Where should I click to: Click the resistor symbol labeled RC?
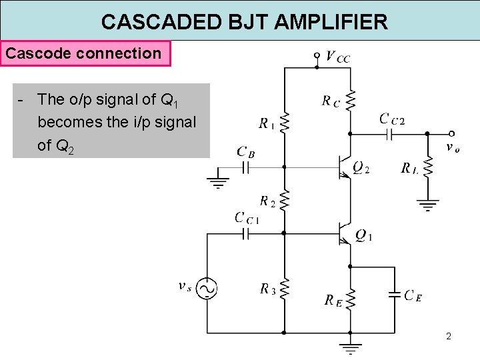(351, 101)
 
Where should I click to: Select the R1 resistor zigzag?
(285, 123)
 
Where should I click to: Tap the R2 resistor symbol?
(285, 200)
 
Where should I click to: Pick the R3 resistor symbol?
(285, 289)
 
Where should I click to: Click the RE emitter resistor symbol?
(351, 299)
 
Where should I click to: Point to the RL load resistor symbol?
(428, 167)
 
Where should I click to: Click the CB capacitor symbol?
(245, 167)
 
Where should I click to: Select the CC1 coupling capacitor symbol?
(245, 234)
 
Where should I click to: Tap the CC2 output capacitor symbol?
(389, 134)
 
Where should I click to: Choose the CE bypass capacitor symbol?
(395, 295)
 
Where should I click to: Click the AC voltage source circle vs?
(207, 289)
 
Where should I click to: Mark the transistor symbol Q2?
(345, 167)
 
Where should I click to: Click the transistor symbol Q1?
(345, 234)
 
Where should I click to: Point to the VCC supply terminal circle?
(317, 55)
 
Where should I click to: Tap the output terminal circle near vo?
(451, 134)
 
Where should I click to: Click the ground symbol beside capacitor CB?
(218, 183)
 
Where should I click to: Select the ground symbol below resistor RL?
(428, 205)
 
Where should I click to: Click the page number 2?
(449, 337)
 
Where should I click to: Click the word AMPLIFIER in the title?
(331, 22)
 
